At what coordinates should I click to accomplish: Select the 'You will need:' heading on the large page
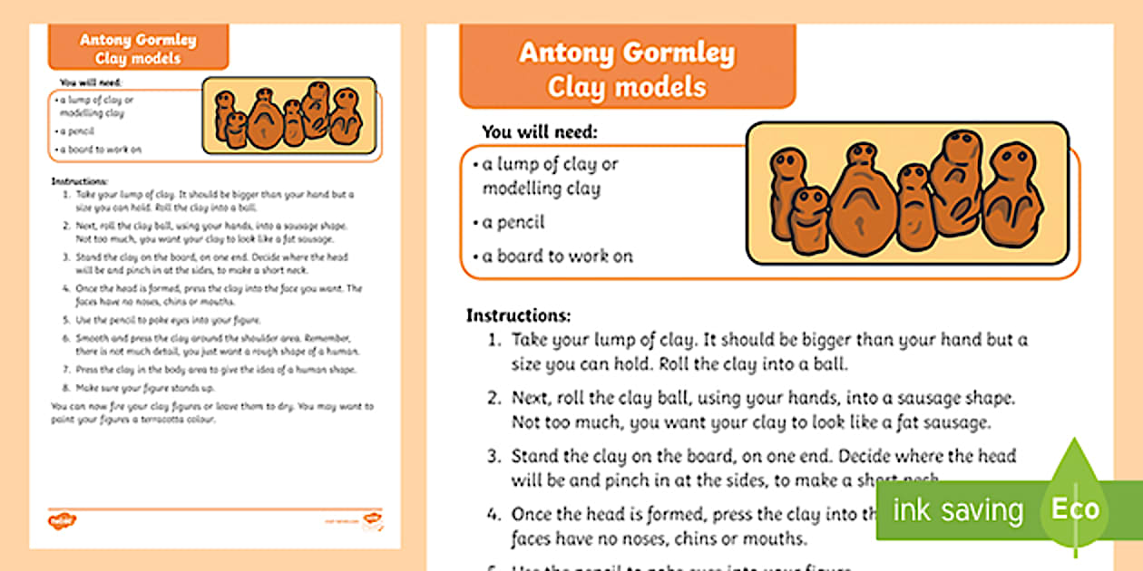tap(539, 131)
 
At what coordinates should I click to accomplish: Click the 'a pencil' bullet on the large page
tap(513, 222)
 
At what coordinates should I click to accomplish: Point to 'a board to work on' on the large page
tap(557, 256)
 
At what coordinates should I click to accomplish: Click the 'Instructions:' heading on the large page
tap(518, 315)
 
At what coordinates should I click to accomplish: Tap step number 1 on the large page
tap(494, 341)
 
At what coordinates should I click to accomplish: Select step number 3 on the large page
tap(494, 456)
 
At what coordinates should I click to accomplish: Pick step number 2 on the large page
tap(494, 399)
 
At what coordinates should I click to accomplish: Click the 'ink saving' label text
tap(957, 510)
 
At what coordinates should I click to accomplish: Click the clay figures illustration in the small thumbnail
tap(288, 115)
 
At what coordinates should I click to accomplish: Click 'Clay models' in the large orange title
tap(627, 88)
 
